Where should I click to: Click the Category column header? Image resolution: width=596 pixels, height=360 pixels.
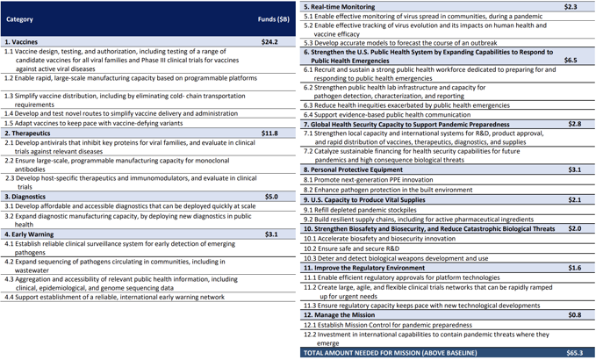[x=19, y=18]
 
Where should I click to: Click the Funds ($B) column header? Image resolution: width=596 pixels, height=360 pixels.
[x=273, y=18]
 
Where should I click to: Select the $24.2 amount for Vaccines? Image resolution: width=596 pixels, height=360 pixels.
[x=270, y=41]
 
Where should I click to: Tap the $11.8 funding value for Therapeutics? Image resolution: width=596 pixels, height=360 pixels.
[x=270, y=133]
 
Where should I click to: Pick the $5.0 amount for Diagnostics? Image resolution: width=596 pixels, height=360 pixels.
[x=271, y=197]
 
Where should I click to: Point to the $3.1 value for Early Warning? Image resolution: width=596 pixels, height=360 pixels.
[x=271, y=234]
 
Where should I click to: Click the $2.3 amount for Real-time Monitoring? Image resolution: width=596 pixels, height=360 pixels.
[x=571, y=7]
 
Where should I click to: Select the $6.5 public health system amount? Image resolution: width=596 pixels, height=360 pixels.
[x=571, y=61]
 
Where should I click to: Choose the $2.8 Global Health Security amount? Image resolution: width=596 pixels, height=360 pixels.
[x=575, y=124]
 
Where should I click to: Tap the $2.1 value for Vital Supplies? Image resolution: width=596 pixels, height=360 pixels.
[x=575, y=200]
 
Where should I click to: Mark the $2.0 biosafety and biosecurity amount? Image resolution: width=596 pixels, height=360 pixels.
[x=575, y=228]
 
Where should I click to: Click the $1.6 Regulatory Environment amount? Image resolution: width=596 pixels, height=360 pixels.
[x=575, y=267]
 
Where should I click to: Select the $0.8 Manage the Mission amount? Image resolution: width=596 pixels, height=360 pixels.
[x=575, y=314]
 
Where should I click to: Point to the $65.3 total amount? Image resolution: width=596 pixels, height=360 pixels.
[x=574, y=353]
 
